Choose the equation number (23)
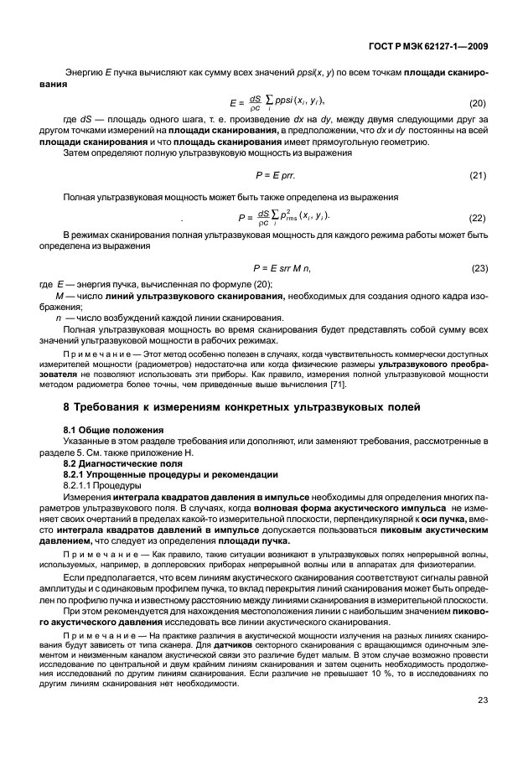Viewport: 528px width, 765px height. pos(478,267)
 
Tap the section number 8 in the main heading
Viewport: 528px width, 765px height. pos(67,407)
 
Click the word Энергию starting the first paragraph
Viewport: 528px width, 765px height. pos(82,74)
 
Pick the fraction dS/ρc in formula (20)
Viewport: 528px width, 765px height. pos(256,103)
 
